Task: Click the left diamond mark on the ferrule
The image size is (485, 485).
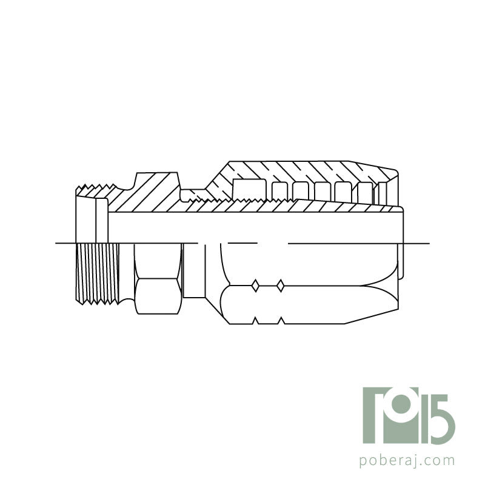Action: [x=255, y=286]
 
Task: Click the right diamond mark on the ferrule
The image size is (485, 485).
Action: [x=280, y=286]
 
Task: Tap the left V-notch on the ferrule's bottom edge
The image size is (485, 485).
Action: [x=256, y=321]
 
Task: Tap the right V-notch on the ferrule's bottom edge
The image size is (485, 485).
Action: [x=281, y=321]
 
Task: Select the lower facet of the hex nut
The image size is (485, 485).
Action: [x=158, y=296]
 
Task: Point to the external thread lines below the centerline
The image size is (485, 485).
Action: [x=97, y=273]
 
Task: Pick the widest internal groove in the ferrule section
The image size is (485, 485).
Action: [x=249, y=189]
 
